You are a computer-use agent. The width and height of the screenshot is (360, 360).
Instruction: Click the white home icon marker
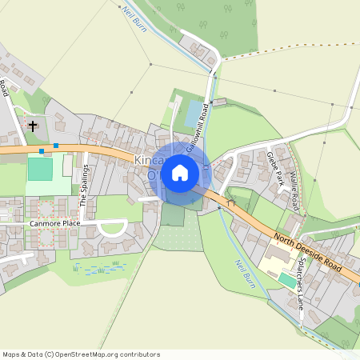coord(180,172)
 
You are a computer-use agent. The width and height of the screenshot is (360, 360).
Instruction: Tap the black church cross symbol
coord(33,126)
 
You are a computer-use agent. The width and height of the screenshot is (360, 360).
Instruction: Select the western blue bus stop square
coord(41,150)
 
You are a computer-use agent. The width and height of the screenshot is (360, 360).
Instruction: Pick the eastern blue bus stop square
coord(56,145)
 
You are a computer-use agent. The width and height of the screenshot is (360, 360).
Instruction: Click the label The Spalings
coord(82,183)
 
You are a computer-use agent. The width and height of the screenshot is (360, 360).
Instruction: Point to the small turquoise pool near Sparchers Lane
coord(286,279)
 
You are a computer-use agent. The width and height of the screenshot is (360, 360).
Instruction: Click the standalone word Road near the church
coord(4,88)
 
